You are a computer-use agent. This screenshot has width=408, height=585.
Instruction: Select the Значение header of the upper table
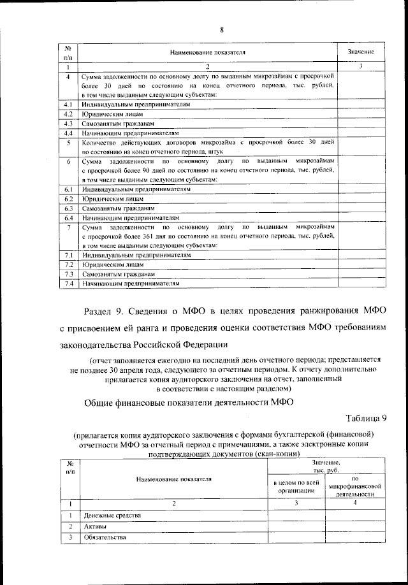click(360, 51)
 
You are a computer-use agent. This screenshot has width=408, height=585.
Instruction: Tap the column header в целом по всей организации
click(295, 486)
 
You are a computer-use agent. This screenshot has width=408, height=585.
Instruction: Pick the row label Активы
click(95, 527)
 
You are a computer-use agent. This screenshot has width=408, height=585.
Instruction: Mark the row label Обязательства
click(105, 538)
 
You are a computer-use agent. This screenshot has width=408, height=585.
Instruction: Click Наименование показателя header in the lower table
click(173, 479)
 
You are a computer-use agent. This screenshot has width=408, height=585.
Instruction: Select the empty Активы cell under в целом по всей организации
click(295, 527)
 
